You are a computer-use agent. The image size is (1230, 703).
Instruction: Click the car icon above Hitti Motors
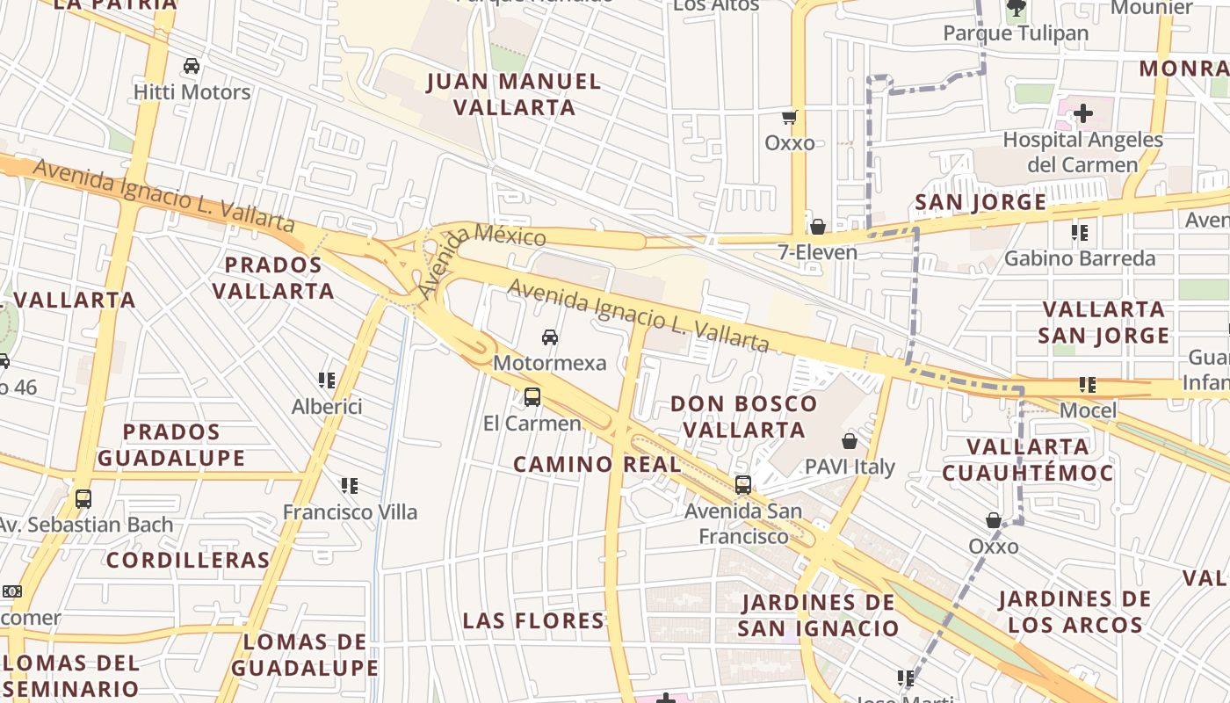pos(191,66)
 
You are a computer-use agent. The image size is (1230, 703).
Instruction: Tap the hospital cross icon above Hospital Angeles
pos(1083,113)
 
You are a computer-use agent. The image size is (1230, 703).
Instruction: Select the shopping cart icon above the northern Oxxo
pos(789,117)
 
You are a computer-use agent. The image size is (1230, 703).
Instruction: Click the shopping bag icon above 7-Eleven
pos(818,227)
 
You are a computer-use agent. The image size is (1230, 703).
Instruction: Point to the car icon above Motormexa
pos(550,337)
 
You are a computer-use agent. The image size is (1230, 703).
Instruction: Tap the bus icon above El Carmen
pos(532,396)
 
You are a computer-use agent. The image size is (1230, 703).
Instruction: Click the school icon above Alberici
pos(327,380)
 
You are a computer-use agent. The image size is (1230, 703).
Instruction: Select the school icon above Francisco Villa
pos(350,485)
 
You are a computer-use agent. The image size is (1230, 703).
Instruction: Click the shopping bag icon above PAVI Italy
pos(850,440)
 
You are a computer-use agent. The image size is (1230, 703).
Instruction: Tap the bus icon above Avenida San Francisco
pos(743,484)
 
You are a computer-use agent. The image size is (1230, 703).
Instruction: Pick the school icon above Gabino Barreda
pos(1080,233)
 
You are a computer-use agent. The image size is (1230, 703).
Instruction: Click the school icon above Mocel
pos(1088,385)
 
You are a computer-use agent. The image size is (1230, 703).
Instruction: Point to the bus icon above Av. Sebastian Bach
pos(83,499)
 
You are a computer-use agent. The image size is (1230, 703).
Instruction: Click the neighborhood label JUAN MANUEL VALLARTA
pos(514,95)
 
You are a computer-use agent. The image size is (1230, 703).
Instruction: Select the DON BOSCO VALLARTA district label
pos(744,417)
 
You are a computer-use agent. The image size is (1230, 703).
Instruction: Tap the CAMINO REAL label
pos(597,464)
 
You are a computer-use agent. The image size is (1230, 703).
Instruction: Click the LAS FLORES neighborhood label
pos(533,620)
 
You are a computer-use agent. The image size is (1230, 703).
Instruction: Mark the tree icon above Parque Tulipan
pos(1017,9)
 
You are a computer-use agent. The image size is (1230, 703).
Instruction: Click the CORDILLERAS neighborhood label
pos(188,560)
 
